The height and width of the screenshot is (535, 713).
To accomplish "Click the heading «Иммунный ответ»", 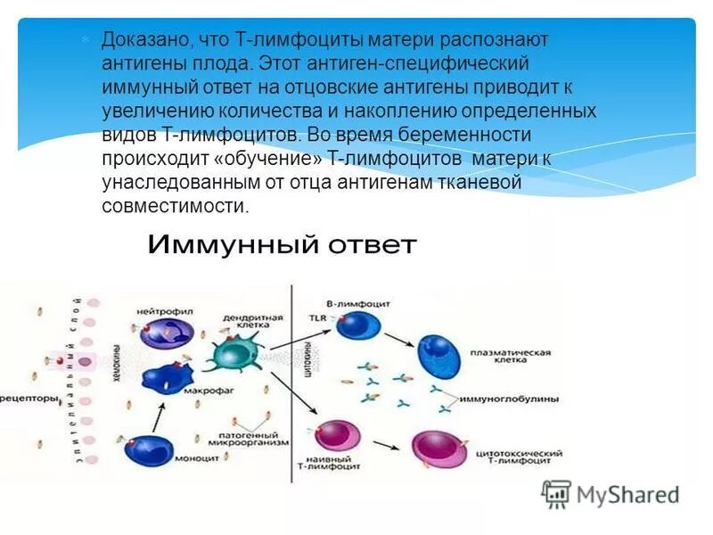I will pyautogui.click(x=281, y=245).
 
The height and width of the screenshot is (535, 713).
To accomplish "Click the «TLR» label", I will pyautogui.click(x=317, y=317).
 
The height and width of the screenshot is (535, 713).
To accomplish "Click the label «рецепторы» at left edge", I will pyautogui.click(x=29, y=396).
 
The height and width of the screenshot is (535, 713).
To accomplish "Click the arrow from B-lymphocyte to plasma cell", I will pyautogui.click(x=393, y=340).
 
